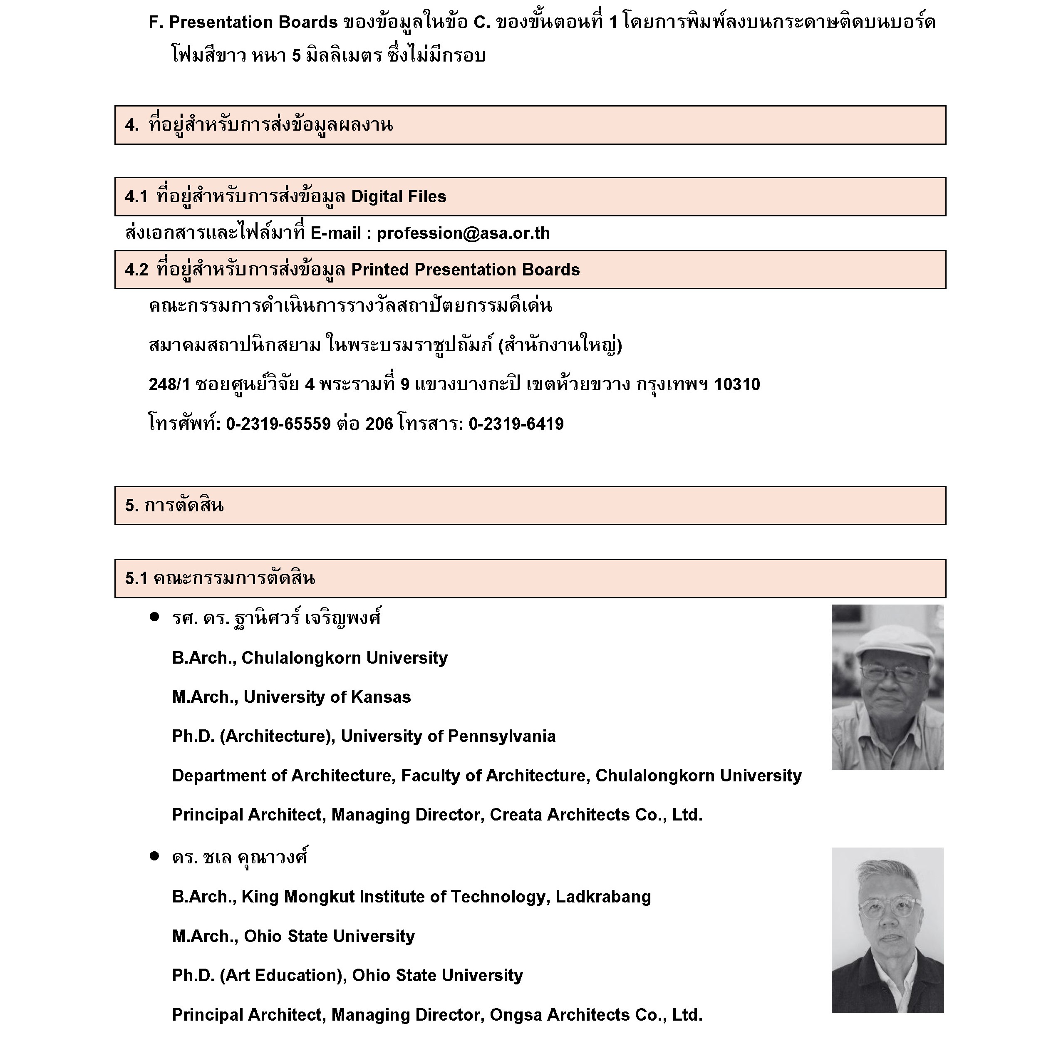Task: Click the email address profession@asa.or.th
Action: tap(463, 233)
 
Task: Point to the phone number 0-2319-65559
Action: tap(278, 424)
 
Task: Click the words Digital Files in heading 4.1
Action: tap(398, 196)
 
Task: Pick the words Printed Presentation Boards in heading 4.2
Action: tap(465, 270)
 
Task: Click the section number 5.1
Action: tap(136, 578)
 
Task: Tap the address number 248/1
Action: tap(169, 384)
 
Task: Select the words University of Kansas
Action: tap(327, 697)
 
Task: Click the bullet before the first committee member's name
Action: tap(154, 617)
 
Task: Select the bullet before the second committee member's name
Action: tap(154, 856)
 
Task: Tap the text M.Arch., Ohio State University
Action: tap(293, 936)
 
